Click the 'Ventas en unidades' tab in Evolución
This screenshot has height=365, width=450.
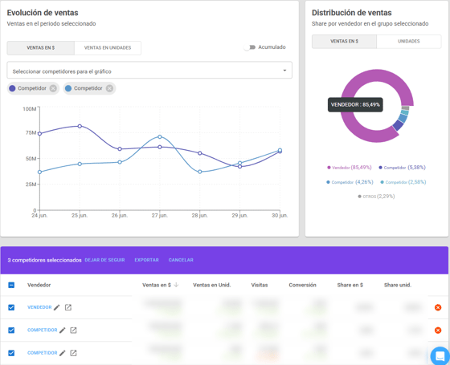pos(108,48)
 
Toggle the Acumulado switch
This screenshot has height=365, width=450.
pos(250,47)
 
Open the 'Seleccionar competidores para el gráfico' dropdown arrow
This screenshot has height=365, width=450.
pos(284,71)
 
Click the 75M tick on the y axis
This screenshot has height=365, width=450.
pos(30,133)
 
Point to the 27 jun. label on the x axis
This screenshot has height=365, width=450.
pos(159,216)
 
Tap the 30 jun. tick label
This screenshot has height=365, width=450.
pos(280,216)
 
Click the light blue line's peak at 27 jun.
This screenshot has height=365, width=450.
pos(160,137)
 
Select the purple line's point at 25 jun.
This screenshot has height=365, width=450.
pos(80,126)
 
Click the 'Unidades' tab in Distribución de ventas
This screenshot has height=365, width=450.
pos(408,41)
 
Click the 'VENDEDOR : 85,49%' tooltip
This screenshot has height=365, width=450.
pos(355,104)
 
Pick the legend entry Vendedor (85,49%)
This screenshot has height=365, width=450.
pos(350,168)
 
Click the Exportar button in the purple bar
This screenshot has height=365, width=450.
pos(146,260)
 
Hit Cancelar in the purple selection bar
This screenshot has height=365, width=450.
pos(181,260)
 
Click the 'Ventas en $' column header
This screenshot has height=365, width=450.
pos(156,285)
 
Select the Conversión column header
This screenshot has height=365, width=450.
pos(302,285)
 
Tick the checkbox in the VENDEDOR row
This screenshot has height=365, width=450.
pos(11,307)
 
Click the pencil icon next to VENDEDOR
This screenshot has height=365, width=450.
pos(58,307)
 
